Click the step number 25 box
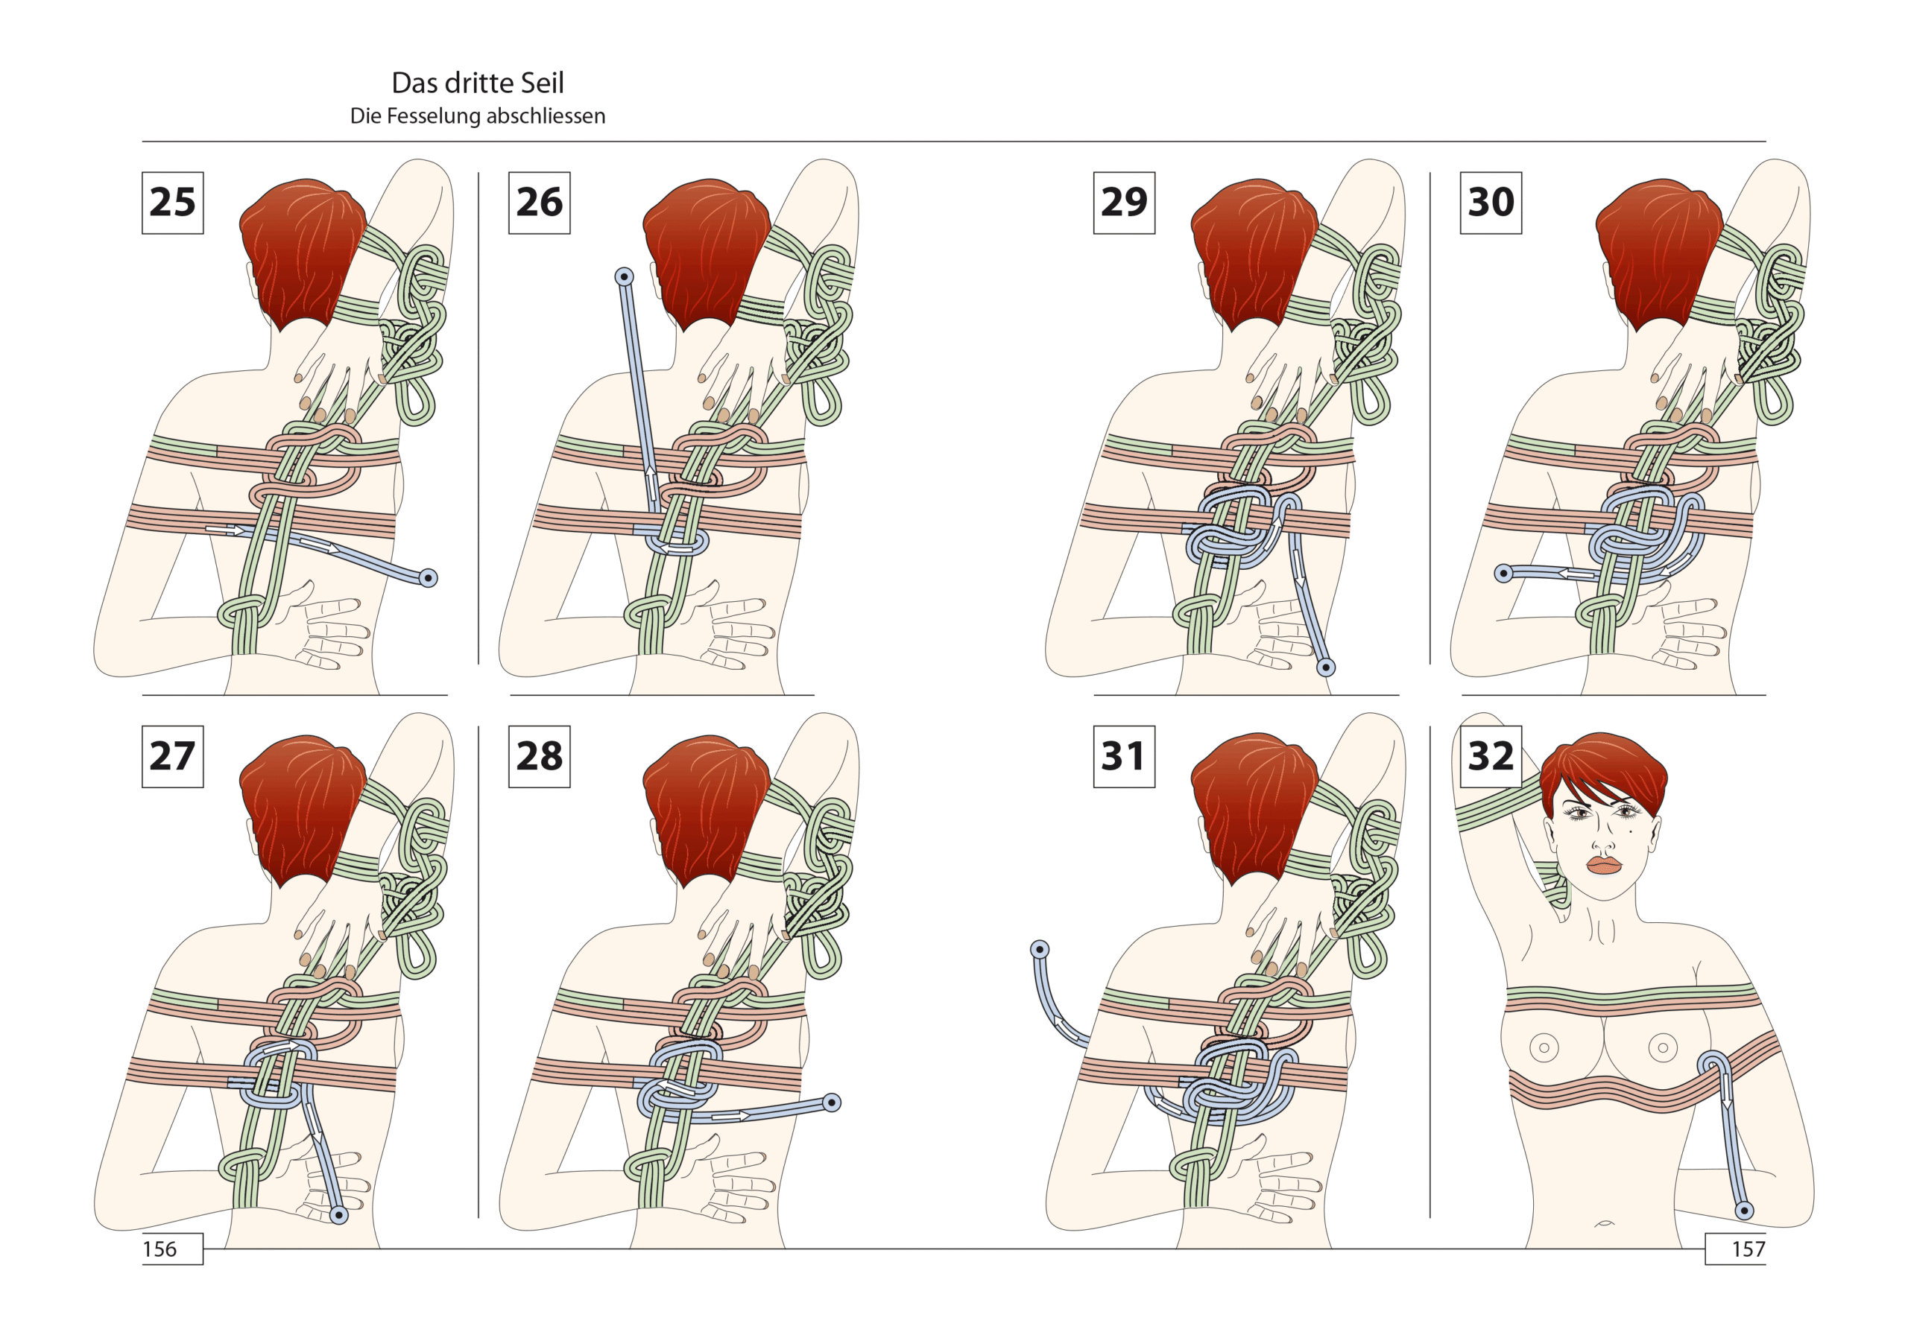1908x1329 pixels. (173, 203)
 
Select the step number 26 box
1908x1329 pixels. (540, 203)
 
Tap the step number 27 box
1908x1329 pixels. (173, 757)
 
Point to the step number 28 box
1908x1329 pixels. (540, 757)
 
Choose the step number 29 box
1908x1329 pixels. (1125, 203)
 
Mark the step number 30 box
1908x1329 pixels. (1491, 203)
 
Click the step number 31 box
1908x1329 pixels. (1125, 757)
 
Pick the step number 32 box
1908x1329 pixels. (1491, 757)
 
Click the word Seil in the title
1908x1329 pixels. (541, 83)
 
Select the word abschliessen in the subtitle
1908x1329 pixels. (546, 116)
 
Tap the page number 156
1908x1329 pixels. (159, 1249)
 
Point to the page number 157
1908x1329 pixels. (1749, 1249)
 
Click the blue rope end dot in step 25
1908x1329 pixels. (428, 578)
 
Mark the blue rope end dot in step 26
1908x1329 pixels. (624, 276)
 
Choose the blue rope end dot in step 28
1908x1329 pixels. (832, 1103)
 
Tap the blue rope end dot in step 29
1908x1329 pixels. (1327, 667)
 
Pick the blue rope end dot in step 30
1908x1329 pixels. (1503, 573)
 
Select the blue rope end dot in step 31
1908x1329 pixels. (1040, 949)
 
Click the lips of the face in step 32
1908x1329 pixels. (1604, 865)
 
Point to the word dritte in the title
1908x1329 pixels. (478, 83)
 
